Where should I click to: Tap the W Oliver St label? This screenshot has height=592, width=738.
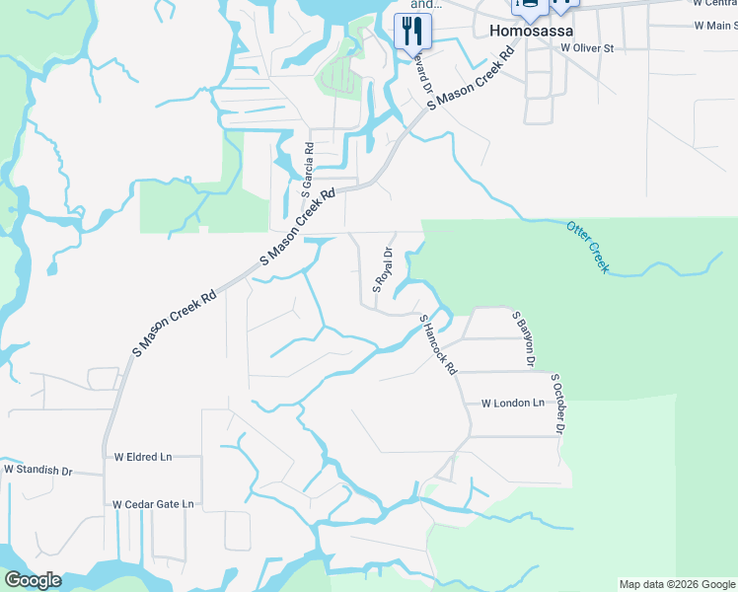pos(587,47)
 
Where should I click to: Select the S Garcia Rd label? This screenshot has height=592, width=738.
pos(307,171)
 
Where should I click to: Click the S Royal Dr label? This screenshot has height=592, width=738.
pos(383,268)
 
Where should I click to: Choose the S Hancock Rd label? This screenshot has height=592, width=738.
pos(439,343)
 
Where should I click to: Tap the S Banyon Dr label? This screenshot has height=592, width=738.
pos(523,338)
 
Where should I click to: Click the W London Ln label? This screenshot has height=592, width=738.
pos(512,404)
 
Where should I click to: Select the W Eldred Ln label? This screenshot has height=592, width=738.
pos(143,457)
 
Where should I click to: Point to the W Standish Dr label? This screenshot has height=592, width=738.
pos(38,472)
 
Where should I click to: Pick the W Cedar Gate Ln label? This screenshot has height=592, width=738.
pos(153,504)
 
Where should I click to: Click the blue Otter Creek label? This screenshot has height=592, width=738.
pos(588,248)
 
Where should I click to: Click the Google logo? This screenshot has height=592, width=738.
pos(33,580)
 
